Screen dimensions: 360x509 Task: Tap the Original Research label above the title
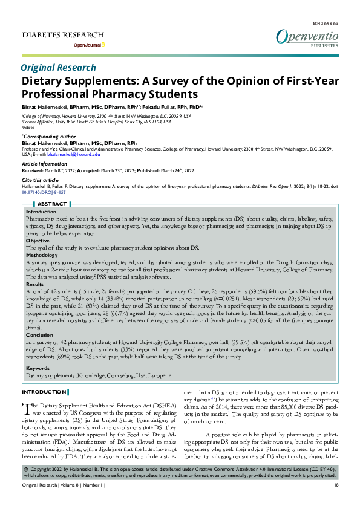click(58, 68)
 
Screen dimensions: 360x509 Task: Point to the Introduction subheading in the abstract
click(41, 212)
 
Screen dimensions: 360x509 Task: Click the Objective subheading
click(38, 240)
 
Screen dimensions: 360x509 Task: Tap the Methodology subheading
click(42, 255)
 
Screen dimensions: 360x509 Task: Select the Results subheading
click(35, 284)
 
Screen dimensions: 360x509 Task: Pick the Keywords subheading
click(38, 368)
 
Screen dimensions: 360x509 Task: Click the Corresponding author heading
click(49, 137)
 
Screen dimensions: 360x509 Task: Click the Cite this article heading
click(40, 180)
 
